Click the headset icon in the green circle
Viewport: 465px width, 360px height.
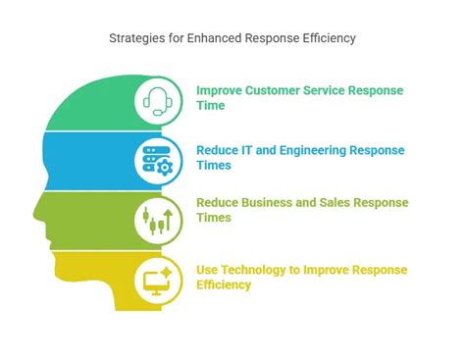(157, 99)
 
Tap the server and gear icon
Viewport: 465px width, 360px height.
(157, 159)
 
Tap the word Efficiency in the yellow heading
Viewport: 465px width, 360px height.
(224, 284)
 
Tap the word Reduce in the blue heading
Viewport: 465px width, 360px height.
(216, 151)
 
